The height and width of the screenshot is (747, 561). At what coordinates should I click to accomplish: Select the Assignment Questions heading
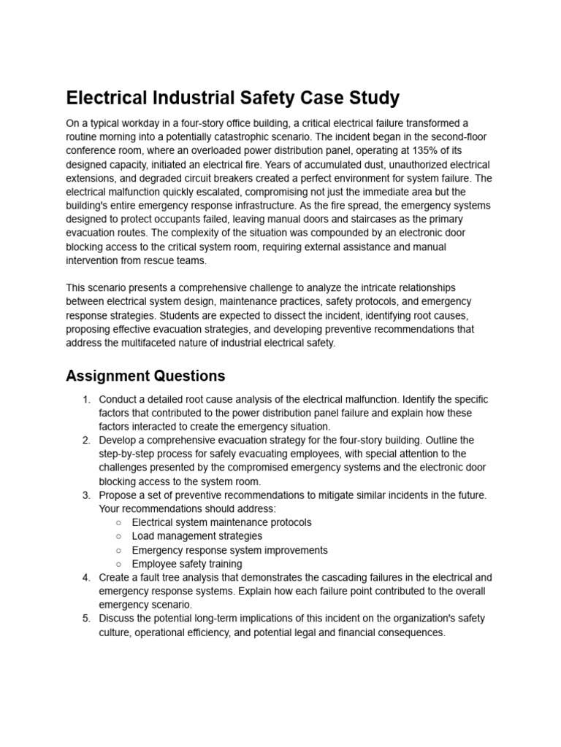tap(145, 376)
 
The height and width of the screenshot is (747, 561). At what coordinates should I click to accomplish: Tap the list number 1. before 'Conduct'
tap(86, 400)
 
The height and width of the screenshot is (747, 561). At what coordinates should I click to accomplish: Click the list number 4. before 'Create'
tap(86, 578)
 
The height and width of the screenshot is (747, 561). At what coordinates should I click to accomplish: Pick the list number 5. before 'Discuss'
tap(86, 619)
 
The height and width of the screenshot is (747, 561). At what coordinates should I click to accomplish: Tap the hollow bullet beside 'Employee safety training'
tap(118, 564)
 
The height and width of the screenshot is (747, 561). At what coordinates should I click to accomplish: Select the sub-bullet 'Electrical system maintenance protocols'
tap(221, 522)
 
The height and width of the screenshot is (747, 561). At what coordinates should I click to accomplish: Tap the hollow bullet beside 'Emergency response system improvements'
tap(118, 550)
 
